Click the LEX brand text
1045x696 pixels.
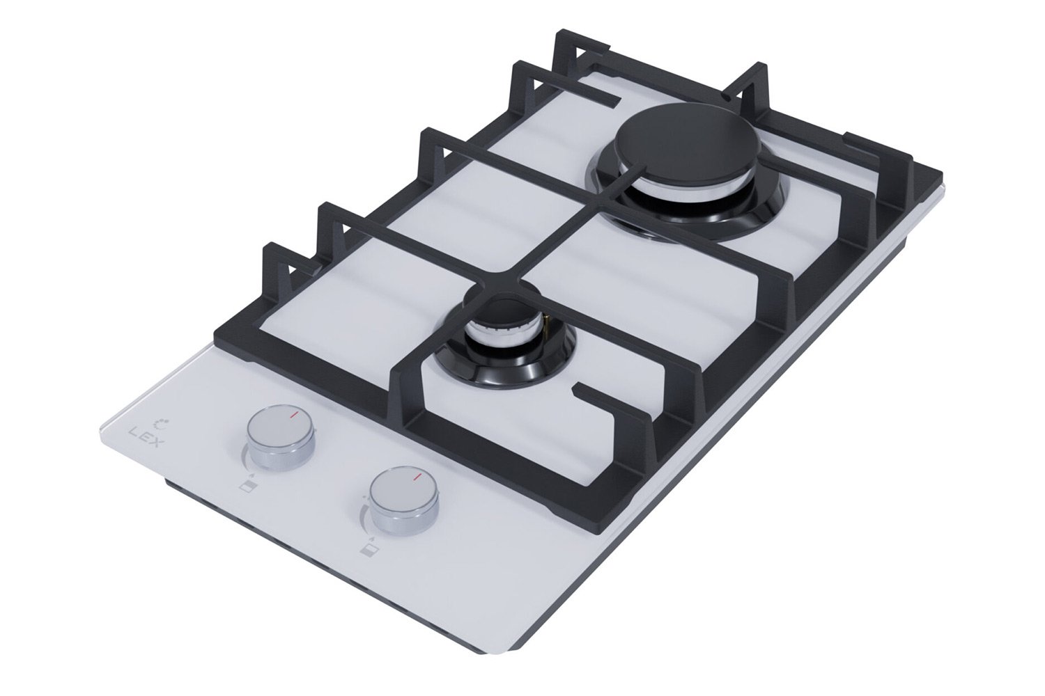(144, 437)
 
